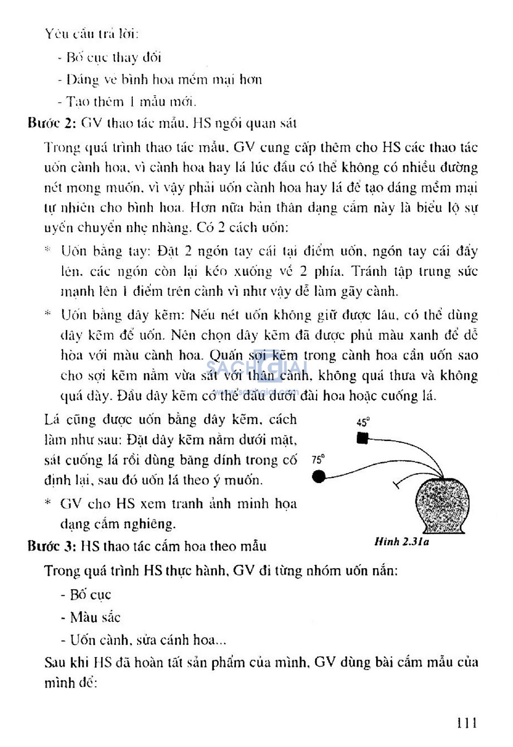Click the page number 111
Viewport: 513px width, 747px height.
466,722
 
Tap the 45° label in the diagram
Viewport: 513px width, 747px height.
363,422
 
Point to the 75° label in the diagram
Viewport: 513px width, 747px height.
318,459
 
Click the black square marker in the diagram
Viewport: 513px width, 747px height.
362,439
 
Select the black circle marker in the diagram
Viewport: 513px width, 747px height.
318,477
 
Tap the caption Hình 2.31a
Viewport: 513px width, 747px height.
401,542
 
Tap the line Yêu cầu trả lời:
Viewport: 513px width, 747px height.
92,34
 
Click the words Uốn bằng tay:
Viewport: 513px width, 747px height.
105,251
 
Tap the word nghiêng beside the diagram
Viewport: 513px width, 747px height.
148,524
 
